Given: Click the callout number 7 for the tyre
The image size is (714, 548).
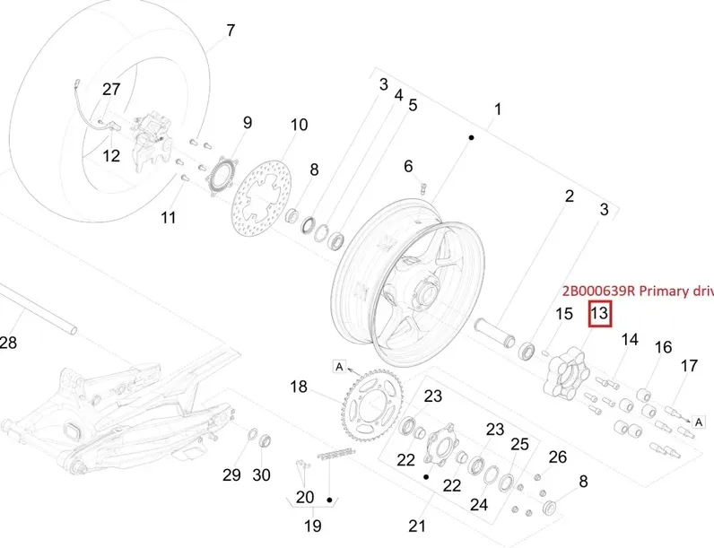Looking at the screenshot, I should (231, 30).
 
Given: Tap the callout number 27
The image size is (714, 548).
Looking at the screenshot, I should (111, 89).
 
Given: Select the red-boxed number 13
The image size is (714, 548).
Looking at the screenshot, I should (599, 314).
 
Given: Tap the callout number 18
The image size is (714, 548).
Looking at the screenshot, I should (299, 387).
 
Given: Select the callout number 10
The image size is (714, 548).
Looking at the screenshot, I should (299, 125).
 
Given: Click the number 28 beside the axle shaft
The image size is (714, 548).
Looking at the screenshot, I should (8, 342).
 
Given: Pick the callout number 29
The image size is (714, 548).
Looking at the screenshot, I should (232, 474).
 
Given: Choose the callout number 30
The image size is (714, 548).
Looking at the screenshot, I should (261, 474).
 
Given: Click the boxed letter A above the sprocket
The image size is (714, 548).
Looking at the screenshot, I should (339, 366).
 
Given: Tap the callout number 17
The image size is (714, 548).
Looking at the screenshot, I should (689, 366).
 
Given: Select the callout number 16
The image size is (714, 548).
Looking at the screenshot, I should (663, 348).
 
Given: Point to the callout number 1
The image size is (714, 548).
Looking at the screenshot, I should (498, 109).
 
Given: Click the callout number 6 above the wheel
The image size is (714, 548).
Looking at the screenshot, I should (408, 166).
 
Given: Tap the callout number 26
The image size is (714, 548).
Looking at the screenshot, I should (558, 457).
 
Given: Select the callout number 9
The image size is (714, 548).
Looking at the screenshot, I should (247, 123).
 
